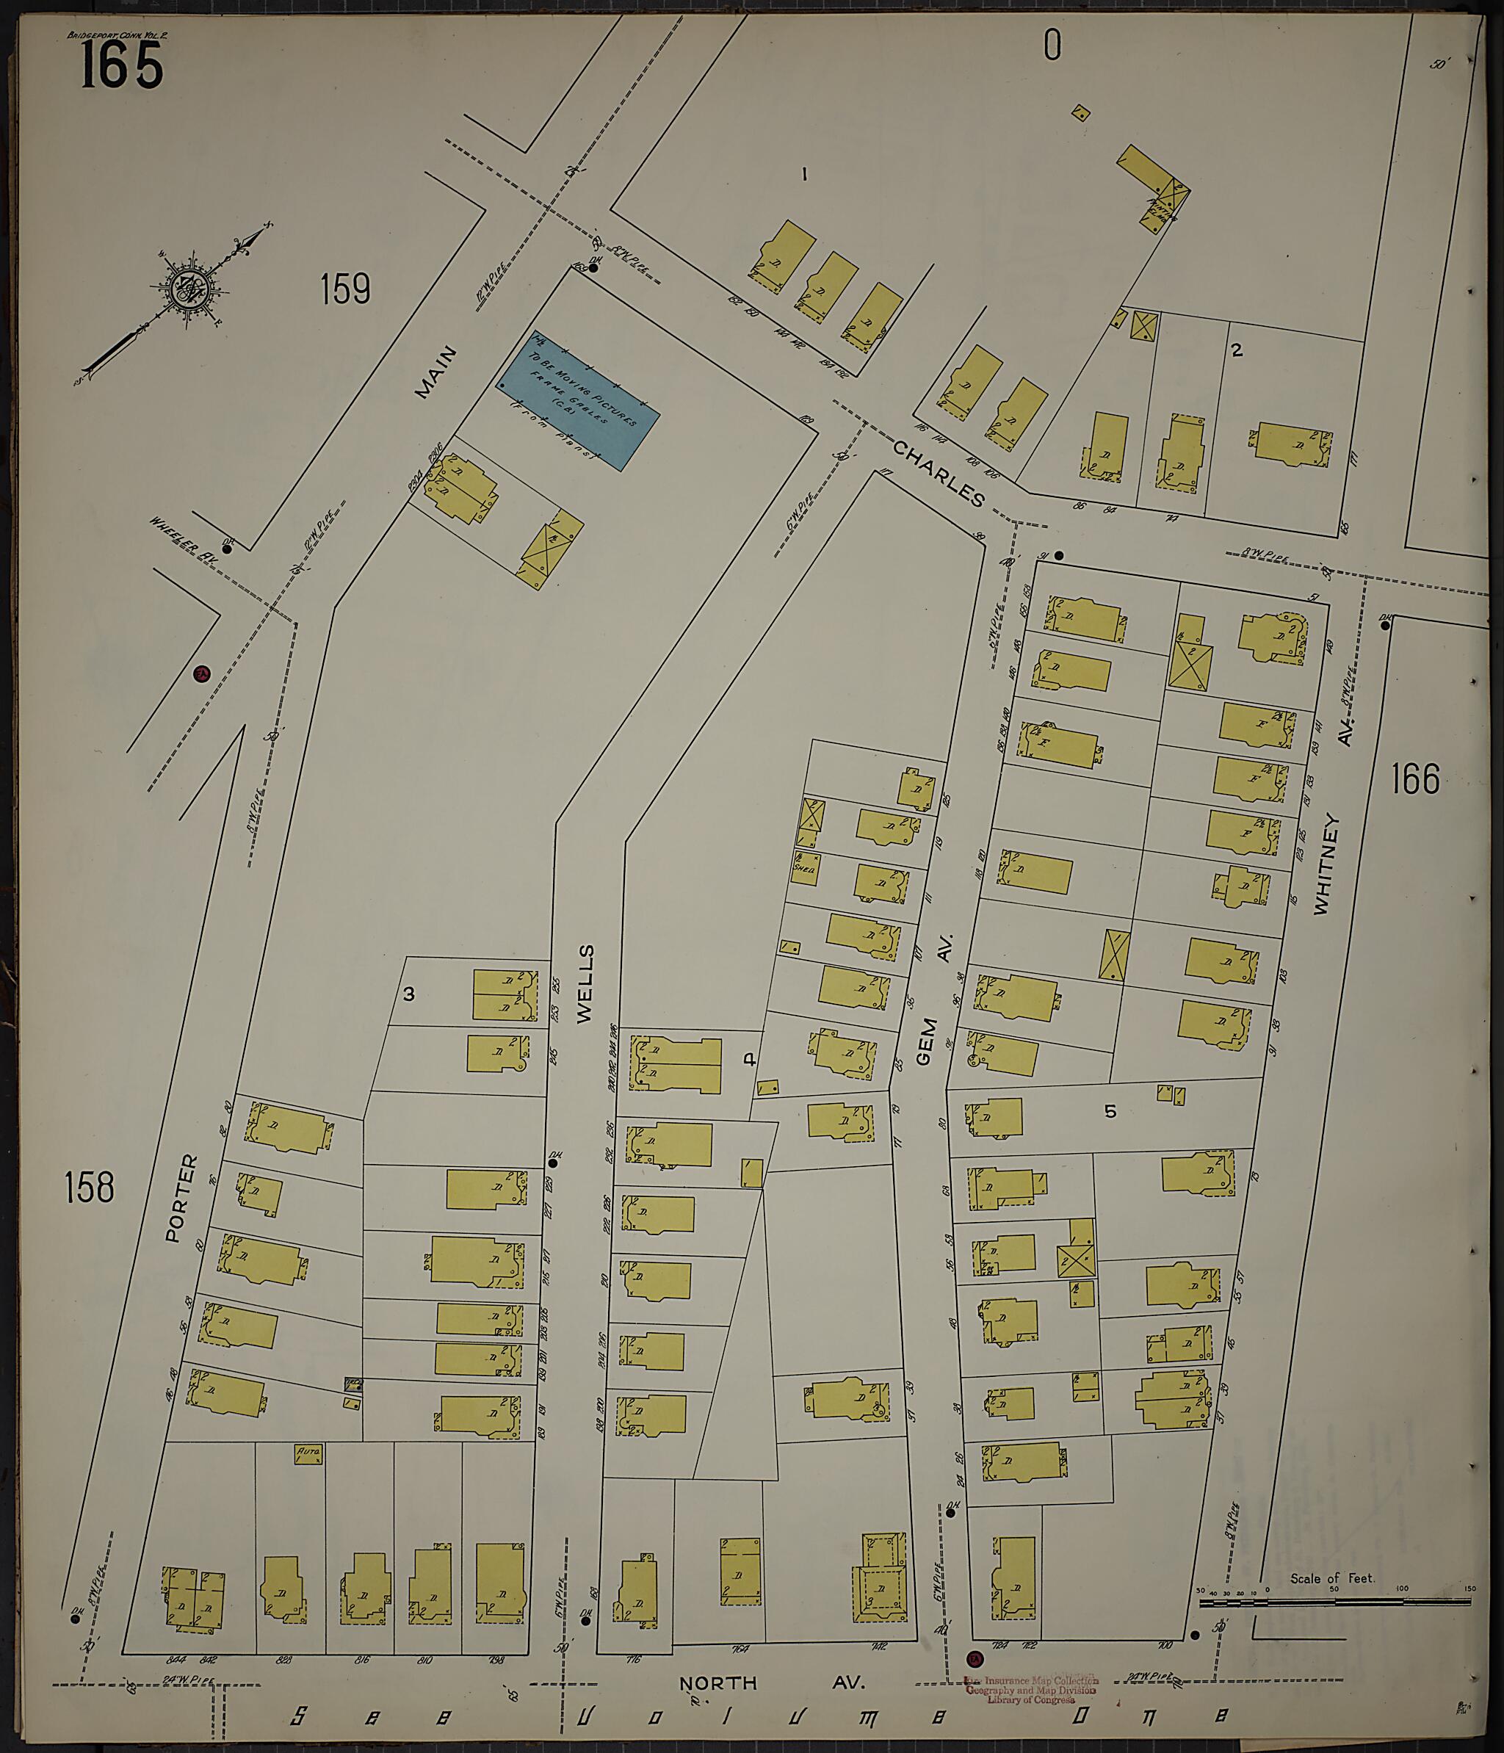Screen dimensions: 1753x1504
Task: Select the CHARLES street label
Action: (x=939, y=472)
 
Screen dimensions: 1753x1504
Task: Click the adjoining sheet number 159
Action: (x=345, y=289)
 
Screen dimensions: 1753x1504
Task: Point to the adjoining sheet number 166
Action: (x=1415, y=778)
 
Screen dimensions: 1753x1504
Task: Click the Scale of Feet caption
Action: (x=1332, y=1578)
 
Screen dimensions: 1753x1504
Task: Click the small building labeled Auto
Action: (x=308, y=1454)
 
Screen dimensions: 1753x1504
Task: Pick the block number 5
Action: (x=1110, y=1111)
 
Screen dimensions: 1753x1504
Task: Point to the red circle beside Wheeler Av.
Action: (x=201, y=673)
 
